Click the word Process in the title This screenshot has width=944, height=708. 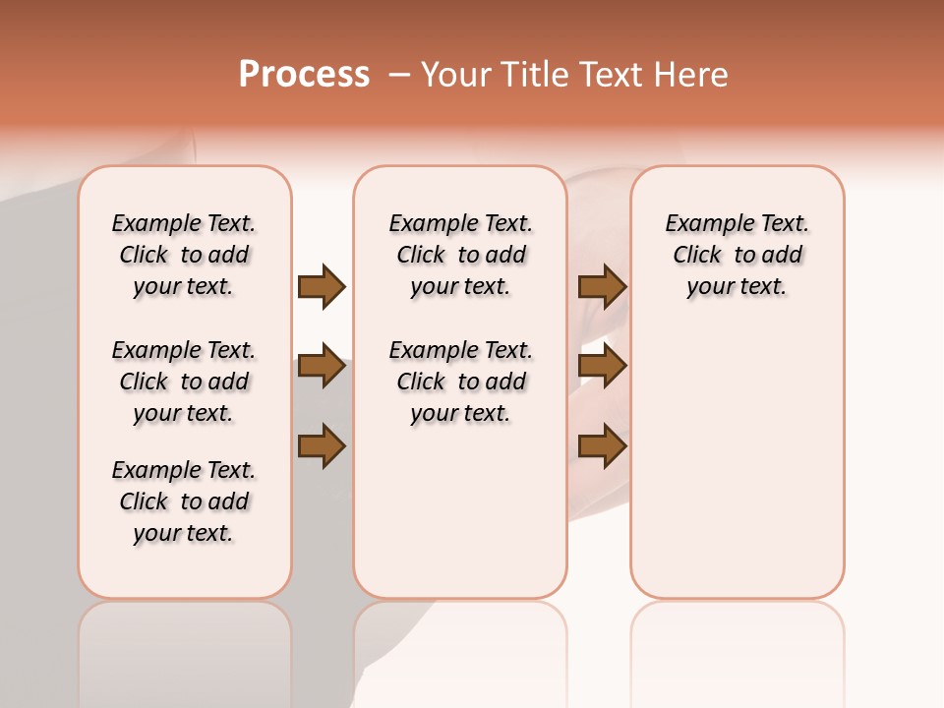(304, 75)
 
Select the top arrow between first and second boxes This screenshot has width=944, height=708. (322, 286)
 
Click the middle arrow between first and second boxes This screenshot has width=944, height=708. (322, 367)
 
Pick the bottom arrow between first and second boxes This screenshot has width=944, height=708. (322, 446)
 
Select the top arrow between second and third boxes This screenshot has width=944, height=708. (602, 286)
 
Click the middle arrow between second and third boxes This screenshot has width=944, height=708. (602, 367)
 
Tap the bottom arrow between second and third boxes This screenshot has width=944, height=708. (602, 446)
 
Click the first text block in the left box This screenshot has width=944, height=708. (184, 255)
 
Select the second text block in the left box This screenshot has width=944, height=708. (184, 382)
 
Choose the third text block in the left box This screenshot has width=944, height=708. (184, 501)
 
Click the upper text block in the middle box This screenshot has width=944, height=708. (460, 255)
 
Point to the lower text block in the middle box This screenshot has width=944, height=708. (460, 382)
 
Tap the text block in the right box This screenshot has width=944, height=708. (737, 255)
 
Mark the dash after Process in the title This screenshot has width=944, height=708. (399, 75)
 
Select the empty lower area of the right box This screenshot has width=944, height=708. (737, 462)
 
